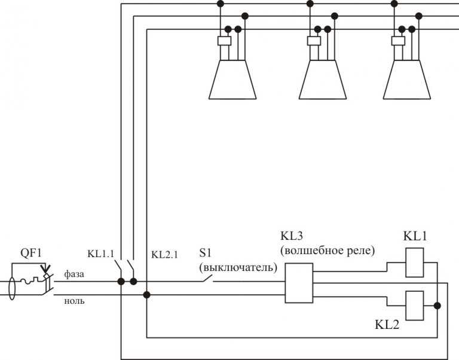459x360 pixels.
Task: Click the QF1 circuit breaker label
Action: click(x=30, y=252)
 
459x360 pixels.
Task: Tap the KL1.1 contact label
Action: click(x=100, y=254)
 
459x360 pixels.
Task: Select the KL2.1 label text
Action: click(x=164, y=254)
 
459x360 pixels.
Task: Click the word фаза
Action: click(x=74, y=274)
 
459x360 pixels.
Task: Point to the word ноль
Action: click(x=74, y=301)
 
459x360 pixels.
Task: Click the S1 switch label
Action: click(x=205, y=253)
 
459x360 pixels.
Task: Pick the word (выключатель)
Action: click(x=238, y=267)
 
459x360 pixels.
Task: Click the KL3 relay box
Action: click(x=299, y=283)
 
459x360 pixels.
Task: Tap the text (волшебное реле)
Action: click(x=328, y=251)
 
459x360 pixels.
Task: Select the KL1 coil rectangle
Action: click(x=415, y=263)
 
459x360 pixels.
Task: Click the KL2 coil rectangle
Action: click(x=415, y=306)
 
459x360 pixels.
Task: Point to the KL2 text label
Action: click(x=387, y=325)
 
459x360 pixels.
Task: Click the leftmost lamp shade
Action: click(x=232, y=80)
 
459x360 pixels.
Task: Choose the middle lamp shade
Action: click(x=323, y=80)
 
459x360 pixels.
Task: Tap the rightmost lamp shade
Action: click(x=407, y=80)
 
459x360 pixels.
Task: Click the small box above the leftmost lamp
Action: click(x=225, y=41)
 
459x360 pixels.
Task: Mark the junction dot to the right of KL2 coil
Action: click(x=437, y=306)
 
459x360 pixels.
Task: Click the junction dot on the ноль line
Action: click(x=146, y=295)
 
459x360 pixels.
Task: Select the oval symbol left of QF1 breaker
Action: click(x=12, y=288)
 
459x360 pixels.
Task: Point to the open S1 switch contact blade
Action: click(x=207, y=278)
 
